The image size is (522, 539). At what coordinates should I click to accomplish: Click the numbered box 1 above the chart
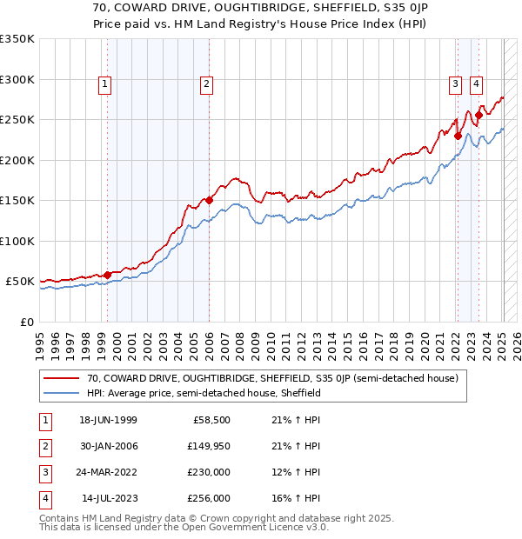pyautogui.click(x=104, y=84)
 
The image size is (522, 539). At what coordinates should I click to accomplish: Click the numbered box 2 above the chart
pyautogui.click(x=206, y=84)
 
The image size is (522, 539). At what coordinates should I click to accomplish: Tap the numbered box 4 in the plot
pyautogui.click(x=477, y=84)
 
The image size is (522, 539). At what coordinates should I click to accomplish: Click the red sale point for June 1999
pyautogui.click(x=108, y=275)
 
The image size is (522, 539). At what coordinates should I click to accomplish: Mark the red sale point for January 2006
pyautogui.click(x=210, y=201)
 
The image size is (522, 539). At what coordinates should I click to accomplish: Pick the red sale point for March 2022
pyautogui.click(x=458, y=136)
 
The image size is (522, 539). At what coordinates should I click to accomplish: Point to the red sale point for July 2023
pyautogui.click(x=478, y=115)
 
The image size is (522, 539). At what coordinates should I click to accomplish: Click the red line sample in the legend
pyautogui.click(x=63, y=378)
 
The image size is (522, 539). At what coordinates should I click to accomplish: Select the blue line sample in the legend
pyautogui.click(x=63, y=393)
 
